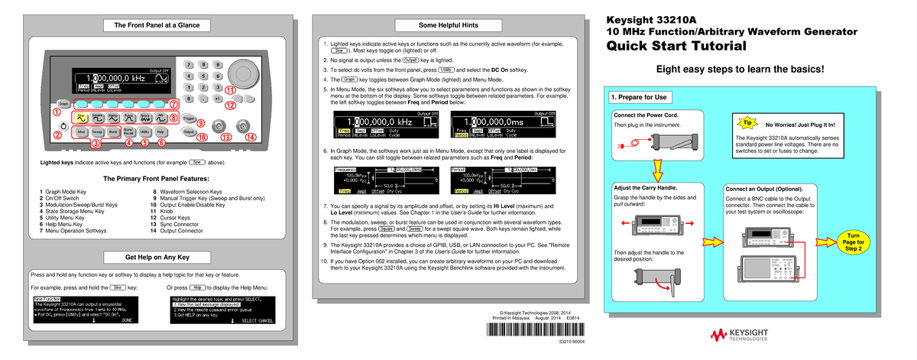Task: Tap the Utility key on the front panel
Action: click(144, 131)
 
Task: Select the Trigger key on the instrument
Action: click(187, 118)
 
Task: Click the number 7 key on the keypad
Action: click(188, 66)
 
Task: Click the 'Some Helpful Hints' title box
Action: click(449, 25)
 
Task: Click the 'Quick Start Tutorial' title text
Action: click(676, 47)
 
